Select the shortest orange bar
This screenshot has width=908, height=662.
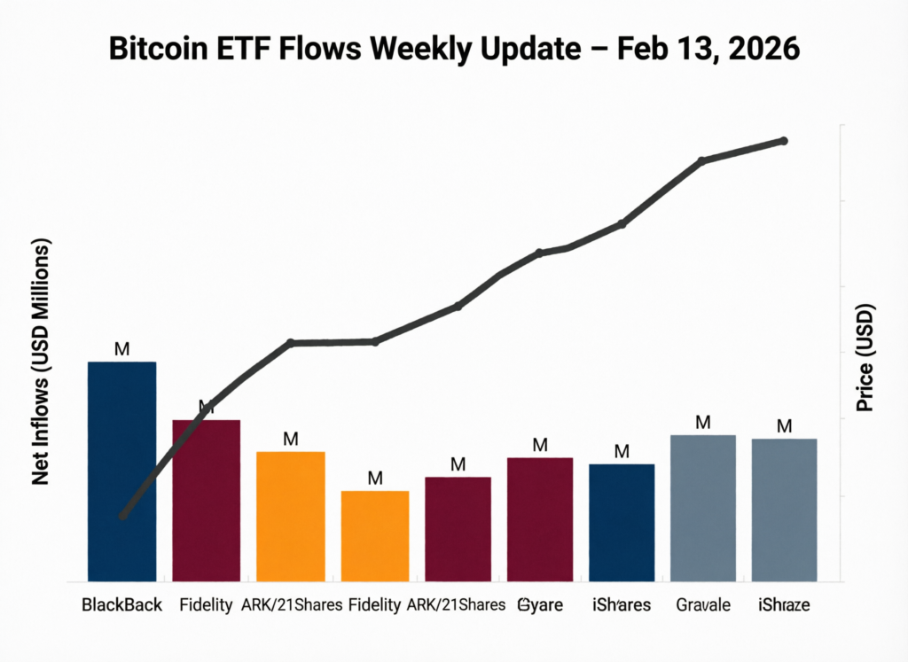pos(375,535)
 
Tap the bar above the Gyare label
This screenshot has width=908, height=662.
pos(540,518)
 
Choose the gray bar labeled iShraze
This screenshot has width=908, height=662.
pos(784,509)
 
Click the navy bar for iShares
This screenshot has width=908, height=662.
pos(622,522)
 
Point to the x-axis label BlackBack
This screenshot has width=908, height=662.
pos(122,605)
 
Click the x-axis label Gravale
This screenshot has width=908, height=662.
pos(702,605)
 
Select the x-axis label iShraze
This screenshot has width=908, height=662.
pos(784,605)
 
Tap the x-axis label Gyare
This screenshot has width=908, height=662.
pos(541,605)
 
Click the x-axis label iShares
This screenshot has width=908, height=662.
pos(622,605)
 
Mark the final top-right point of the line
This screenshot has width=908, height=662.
pos(784,141)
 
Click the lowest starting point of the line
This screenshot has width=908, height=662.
pos(123,515)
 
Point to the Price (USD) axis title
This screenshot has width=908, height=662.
pos(865,358)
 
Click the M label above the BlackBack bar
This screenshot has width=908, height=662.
pos(122,349)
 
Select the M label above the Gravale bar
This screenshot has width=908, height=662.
pos(702,423)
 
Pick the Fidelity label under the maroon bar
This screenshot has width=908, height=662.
pos(206,605)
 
